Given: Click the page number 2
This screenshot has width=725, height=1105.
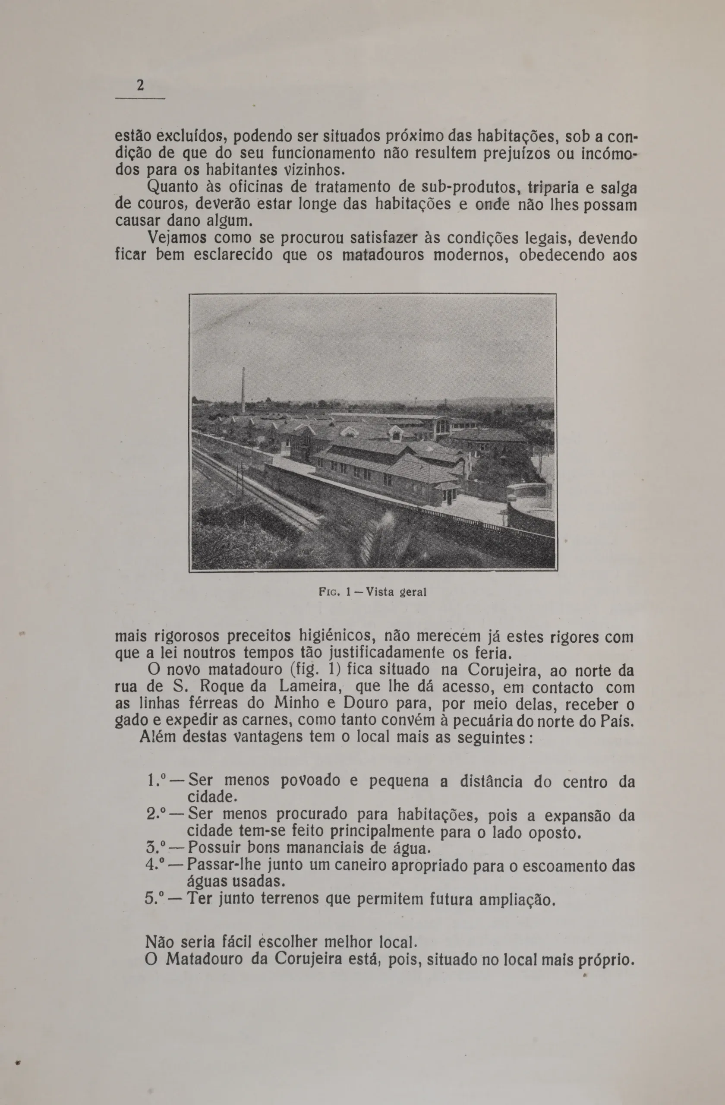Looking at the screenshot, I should [x=140, y=86].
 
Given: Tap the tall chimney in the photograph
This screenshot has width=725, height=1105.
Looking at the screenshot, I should [x=243, y=390].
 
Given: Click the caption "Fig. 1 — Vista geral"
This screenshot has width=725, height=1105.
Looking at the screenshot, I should [x=373, y=593].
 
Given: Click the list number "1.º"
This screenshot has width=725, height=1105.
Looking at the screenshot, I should [x=157, y=781].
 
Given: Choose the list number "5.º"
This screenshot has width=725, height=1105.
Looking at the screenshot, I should [x=156, y=898].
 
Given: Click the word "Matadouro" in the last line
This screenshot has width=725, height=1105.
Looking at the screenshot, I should [x=204, y=959].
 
